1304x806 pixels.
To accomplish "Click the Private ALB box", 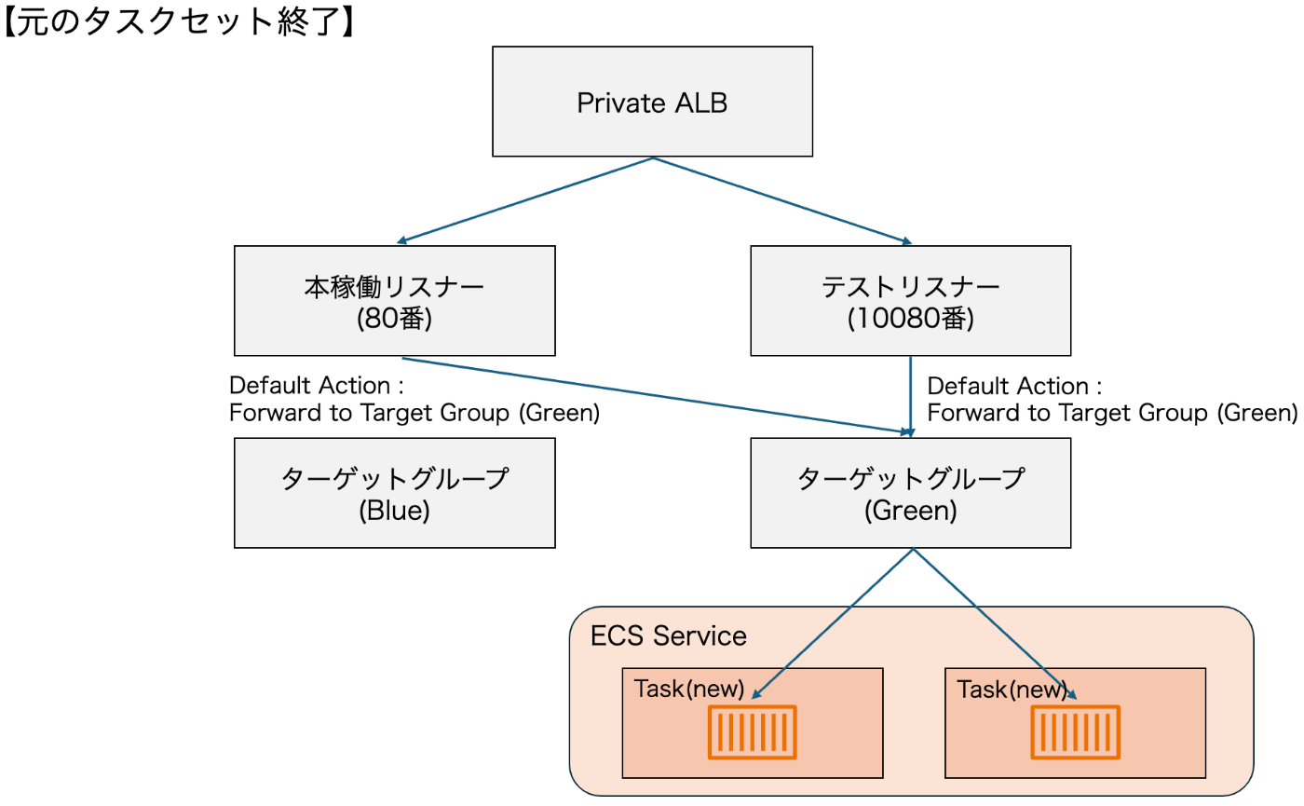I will [x=652, y=102].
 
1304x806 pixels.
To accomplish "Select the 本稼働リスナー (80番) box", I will [x=395, y=300].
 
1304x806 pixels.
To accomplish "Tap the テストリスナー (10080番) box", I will [x=911, y=300].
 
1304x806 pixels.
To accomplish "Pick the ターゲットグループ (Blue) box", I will [x=395, y=493].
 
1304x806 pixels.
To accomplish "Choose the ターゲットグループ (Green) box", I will [x=911, y=493].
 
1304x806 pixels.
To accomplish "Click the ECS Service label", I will [x=669, y=636].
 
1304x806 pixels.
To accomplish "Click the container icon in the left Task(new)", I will [x=753, y=731].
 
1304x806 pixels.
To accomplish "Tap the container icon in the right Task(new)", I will [x=1075, y=731].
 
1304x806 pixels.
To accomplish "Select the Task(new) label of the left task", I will [x=688, y=690].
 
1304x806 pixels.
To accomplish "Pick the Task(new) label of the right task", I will [x=1012, y=690].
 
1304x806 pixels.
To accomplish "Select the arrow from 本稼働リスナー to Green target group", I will [x=652, y=395].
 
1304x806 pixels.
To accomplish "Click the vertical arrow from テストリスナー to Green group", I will [x=910, y=396].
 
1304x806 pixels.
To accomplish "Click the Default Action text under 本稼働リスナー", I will [x=414, y=399].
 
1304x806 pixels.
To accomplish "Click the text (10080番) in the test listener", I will [x=910, y=319].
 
